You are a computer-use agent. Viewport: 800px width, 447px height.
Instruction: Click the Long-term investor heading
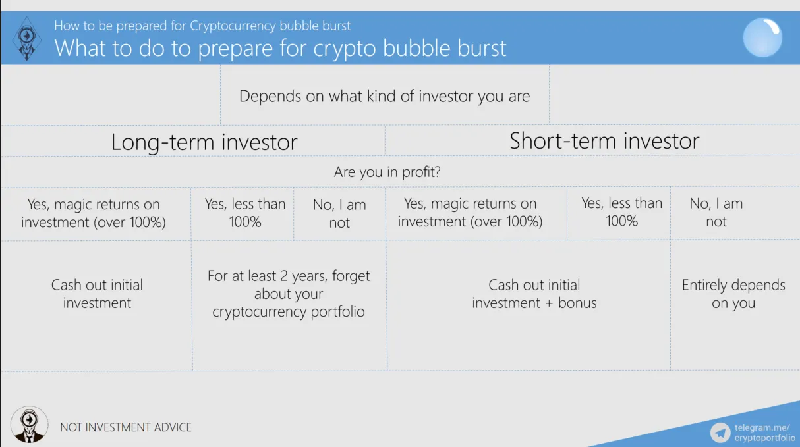pyautogui.click(x=204, y=142)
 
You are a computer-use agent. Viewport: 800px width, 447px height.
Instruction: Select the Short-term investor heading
pyautogui.click(x=604, y=141)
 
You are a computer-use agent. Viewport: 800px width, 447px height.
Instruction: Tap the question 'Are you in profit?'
pyautogui.click(x=387, y=172)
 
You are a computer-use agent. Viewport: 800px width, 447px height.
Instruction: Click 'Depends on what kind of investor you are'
pyautogui.click(x=384, y=96)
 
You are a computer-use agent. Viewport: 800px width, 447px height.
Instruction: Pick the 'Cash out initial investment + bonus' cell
pyautogui.click(x=534, y=294)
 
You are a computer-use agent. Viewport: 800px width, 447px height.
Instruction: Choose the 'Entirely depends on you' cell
pyautogui.click(x=733, y=294)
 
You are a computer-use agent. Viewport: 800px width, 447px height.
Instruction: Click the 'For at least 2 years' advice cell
pyautogui.click(x=289, y=293)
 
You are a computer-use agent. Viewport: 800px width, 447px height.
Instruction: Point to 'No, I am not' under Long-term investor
pyautogui.click(x=339, y=213)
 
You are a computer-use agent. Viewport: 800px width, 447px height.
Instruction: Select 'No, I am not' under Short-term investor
pyautogui.click(x=716, y=212)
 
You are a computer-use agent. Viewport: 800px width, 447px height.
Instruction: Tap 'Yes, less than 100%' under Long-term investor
pyautogui.click(x=245, y=213)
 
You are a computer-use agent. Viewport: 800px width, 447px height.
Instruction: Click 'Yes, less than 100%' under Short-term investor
pyautogui.click(x=621, y=212)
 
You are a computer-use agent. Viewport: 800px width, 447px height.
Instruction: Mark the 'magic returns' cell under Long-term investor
pyautogui.click(x=93, y=213)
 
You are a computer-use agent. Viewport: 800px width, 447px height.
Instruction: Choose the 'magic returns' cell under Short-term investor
pyautogui.click(x=470, y=212)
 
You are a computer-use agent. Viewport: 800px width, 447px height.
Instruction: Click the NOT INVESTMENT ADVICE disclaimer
pyautogui.click(x=126, y=427)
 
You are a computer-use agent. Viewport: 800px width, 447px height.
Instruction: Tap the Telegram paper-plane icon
pyautogui.click(x=720, y=433)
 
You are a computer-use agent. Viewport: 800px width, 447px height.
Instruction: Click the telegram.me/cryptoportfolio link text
pyautogui.click(x=764, y=433)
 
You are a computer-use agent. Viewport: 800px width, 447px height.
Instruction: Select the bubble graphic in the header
pyautogui.click(x=762, y=38)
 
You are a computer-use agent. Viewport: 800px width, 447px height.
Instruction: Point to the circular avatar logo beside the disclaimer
pyautogui.click(x=29, y=425)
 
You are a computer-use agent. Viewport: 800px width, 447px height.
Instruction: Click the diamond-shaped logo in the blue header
pyautogui.click(x=27, y=38)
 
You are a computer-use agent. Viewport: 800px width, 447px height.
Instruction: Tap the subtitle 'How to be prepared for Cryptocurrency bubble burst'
pyautogui.click(x=202, y=26)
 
